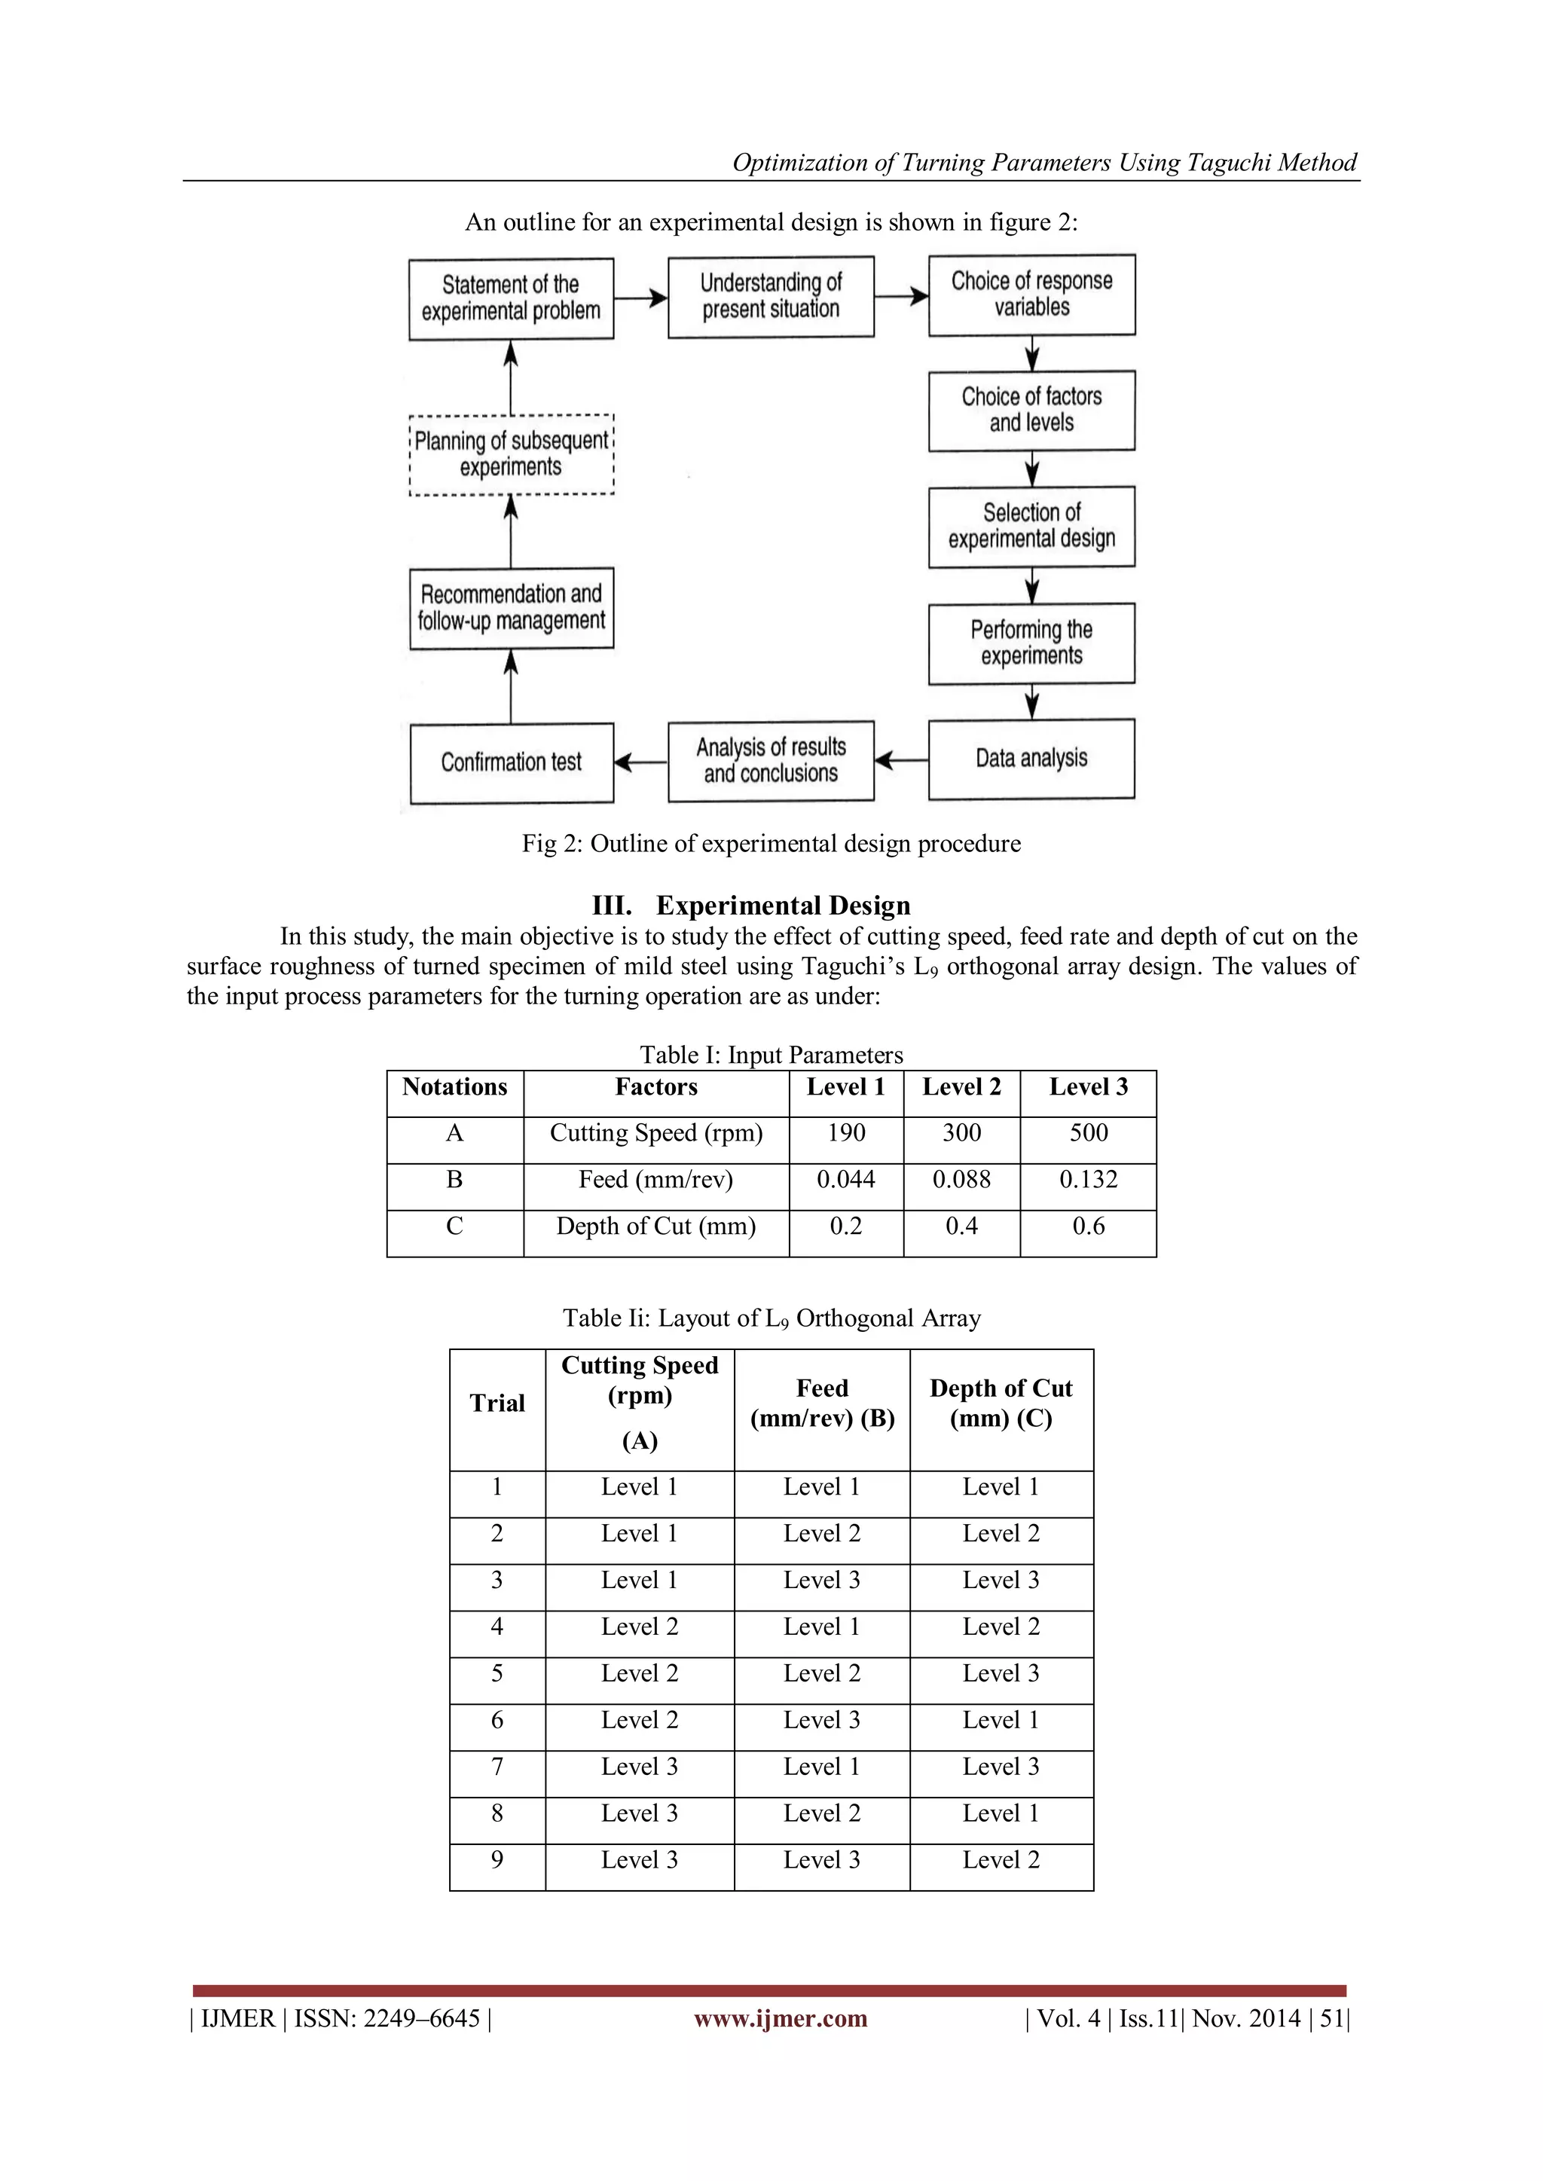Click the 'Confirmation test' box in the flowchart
(x=511, y=762)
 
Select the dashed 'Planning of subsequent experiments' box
(x=511, y=454)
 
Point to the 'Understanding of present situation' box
(x=771, y=296)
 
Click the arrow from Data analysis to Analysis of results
(x=901, y=760)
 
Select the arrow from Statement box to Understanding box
(x=641, y=298)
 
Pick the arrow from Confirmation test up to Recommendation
(x=511, y=686)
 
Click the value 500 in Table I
(x=1088, y=1133)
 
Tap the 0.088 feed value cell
(x=961, y=1180)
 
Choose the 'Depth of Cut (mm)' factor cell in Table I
(x=655, y=1226)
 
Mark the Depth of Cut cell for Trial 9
(x=1001, y=1859)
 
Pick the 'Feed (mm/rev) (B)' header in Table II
(x=822, y=1404)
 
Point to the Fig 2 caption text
(x=771, y=844)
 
